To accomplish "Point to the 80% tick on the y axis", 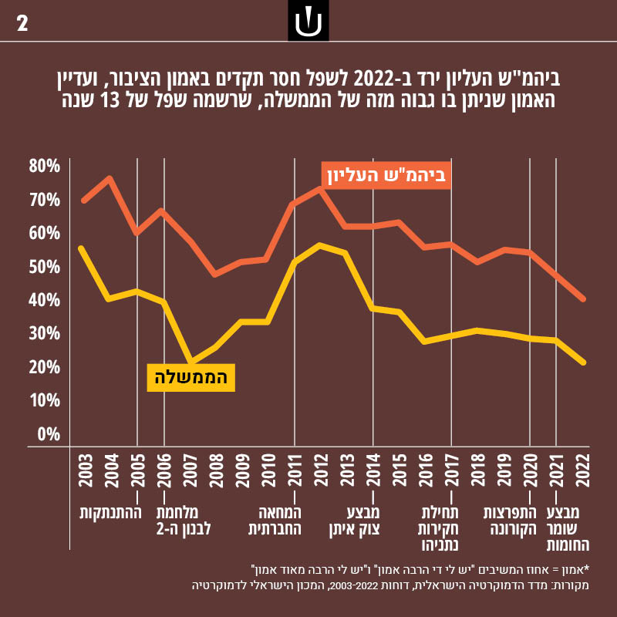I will click(45, 167).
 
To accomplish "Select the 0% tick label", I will click(49, 433).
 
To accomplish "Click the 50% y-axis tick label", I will click(45, 267).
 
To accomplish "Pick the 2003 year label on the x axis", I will click(85, 471).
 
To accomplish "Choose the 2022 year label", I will click(582, 471).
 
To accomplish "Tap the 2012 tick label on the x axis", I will click(320, 471).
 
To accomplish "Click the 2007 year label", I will click(190, 471).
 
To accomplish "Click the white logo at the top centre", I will click(308, 22).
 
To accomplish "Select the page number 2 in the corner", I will click(22, 23).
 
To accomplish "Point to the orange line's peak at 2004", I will click(110, 178).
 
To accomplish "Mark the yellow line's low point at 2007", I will click(190, 362).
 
